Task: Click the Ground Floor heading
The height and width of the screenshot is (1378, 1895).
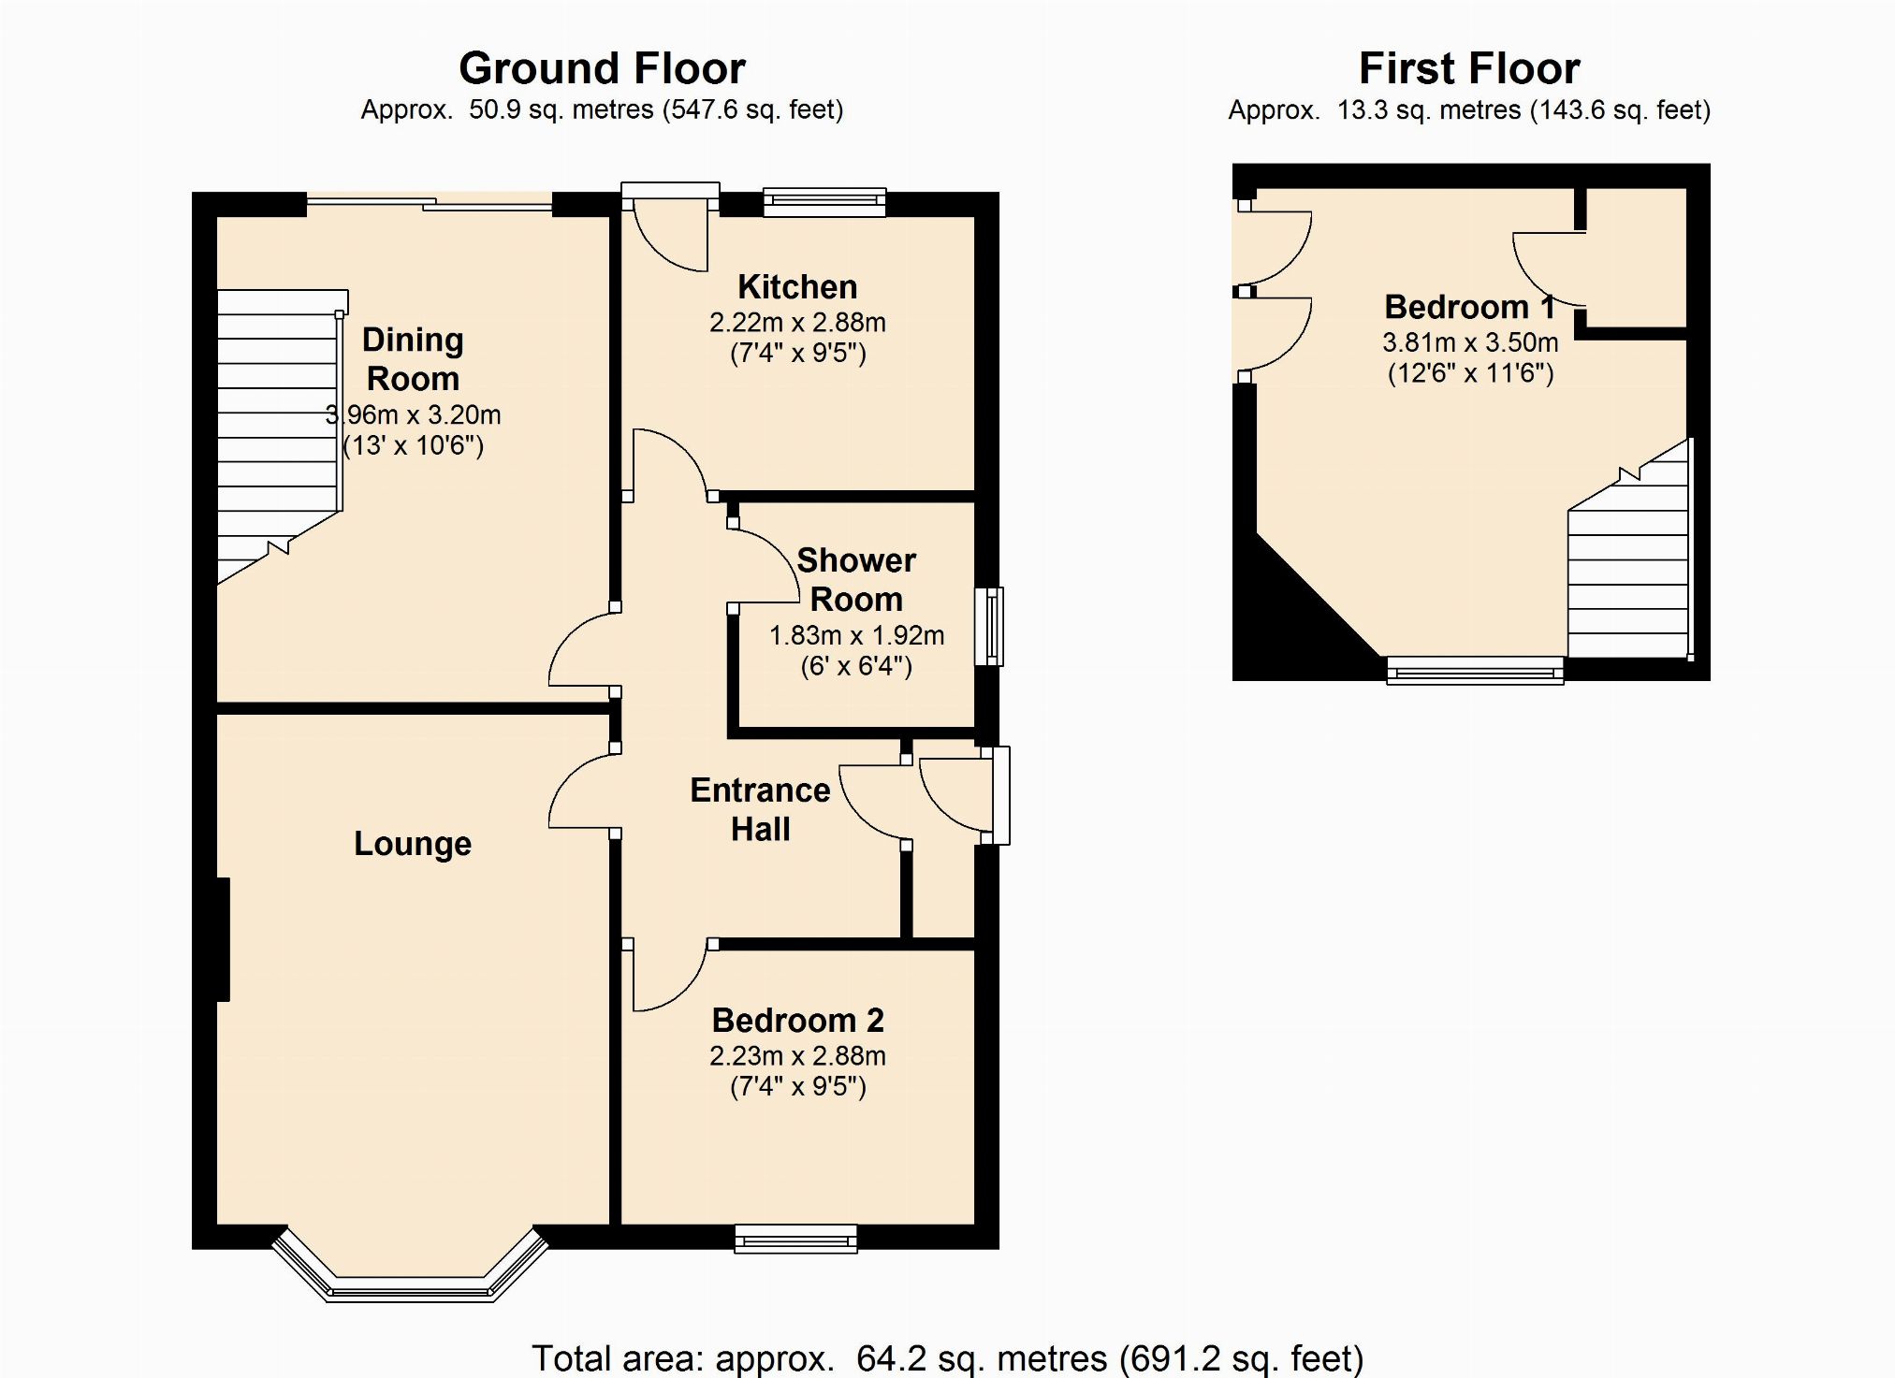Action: (x=602, y=68)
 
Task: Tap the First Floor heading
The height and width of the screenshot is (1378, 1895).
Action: (x=1469, y=68)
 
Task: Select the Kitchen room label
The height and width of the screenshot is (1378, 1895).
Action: (x=797, y=286)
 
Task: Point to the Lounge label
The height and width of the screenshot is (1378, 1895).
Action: (x=413, y=844)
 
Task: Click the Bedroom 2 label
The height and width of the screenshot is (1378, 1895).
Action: (x=797, y=1020)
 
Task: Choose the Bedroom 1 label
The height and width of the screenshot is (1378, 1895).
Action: (x=1469, y=307)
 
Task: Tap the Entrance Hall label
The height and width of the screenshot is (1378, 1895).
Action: (x=760, y=809)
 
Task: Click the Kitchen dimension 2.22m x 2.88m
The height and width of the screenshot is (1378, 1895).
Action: (x=797, y=323)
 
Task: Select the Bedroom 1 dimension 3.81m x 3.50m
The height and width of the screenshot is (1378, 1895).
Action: (x=1470, y=342)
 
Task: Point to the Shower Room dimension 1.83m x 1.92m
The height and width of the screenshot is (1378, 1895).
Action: (x=856, y=636)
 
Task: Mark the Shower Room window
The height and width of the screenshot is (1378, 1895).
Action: (x=990, y=627)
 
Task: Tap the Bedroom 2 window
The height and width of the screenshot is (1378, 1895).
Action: (x=795, y=1239)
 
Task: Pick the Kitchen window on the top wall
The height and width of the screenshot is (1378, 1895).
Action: (x=824, y=202)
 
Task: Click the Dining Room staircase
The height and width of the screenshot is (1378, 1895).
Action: (x=280, y=435)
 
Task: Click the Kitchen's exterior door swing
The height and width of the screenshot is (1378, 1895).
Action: (x=670, y=233)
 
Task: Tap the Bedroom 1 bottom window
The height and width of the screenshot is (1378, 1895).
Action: (x=1475, y=670)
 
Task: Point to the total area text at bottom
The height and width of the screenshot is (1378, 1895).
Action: (x=947, y=1357)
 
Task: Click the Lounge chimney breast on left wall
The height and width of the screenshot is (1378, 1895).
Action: (x=224, y=939)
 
